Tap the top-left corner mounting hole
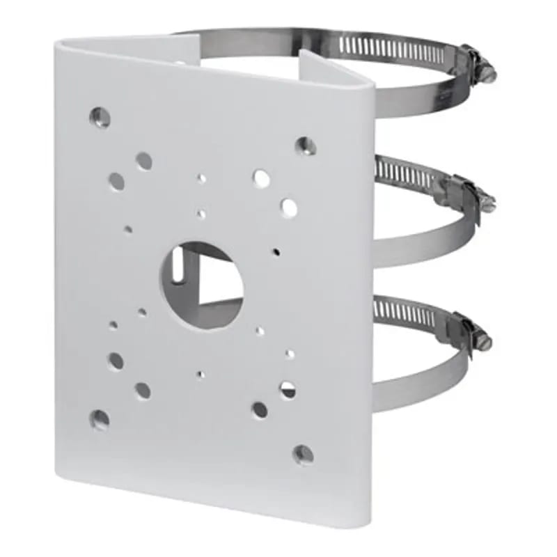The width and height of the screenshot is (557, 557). point(100,117)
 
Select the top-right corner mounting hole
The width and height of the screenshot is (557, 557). point(305,145)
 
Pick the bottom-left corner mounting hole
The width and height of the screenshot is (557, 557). point(100,419)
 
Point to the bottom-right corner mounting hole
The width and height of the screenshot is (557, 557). point(303,455)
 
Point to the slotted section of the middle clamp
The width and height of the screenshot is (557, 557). point(404,174)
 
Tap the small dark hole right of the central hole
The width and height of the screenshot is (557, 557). point(276,251)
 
